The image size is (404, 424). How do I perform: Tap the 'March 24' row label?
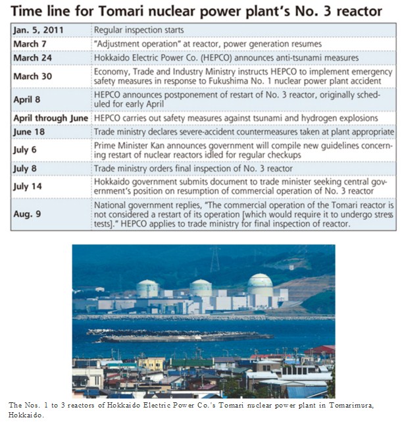33,57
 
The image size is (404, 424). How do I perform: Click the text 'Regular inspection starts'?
138,30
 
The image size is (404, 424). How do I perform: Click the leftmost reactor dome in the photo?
147,288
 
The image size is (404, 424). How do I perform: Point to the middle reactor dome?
200,287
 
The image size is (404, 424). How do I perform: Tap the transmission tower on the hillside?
215,259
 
